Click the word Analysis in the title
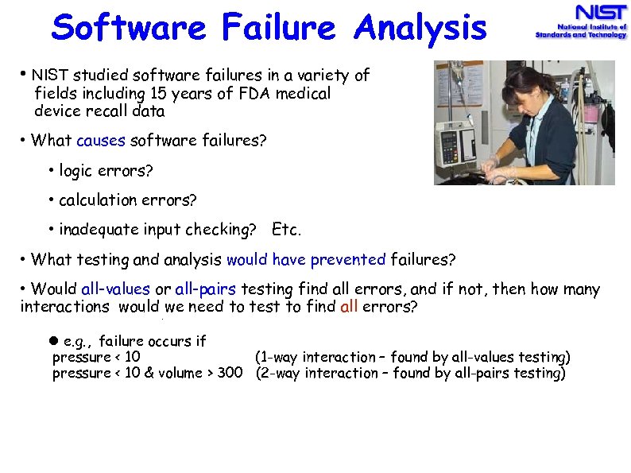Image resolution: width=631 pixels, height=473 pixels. click(x=420, y=28)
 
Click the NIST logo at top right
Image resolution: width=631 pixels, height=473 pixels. click(x=580, y=22)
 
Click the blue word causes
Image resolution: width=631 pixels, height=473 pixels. click(x=101, y=141)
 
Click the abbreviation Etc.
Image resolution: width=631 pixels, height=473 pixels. click(x=287, y=230)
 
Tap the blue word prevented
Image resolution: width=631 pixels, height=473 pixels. click(x=348, y=259)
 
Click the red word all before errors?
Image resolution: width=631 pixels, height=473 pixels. click(x=350, y=306)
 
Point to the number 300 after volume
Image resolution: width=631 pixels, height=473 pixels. click(x=230, y=373)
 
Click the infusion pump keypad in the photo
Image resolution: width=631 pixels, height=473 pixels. click(x=450, y=147)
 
